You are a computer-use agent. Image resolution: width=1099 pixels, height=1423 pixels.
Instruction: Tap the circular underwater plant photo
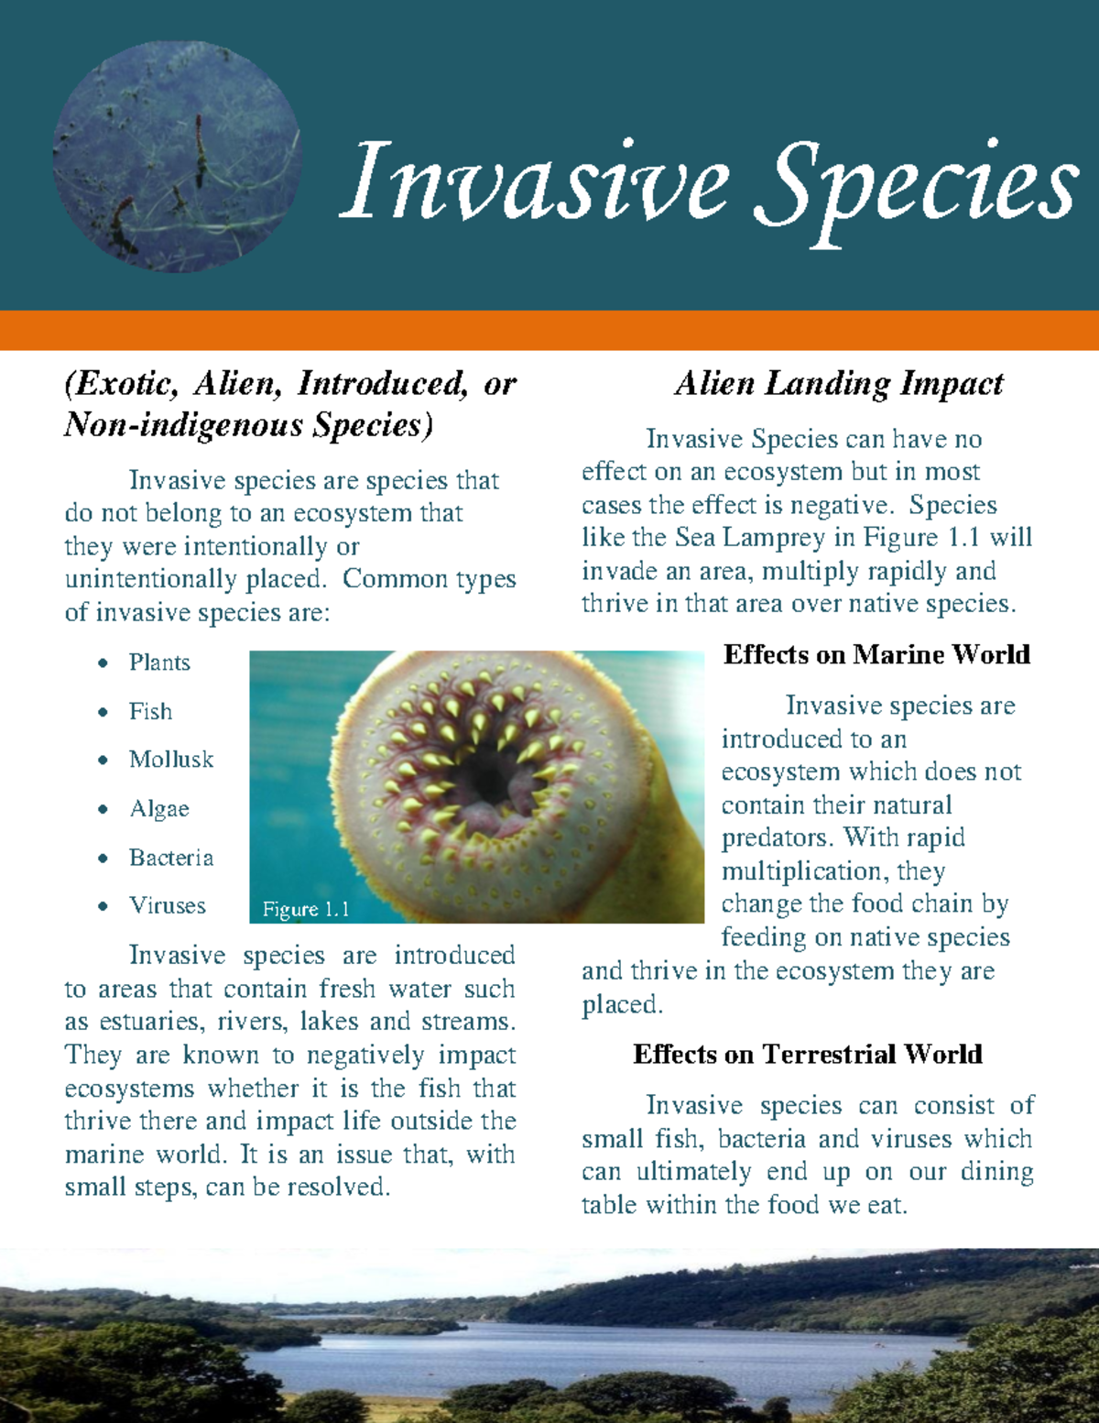(177, 157)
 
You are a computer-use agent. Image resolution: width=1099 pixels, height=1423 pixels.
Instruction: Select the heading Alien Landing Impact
(839, 384)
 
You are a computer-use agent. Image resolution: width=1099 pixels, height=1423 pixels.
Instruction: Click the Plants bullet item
(159, 662)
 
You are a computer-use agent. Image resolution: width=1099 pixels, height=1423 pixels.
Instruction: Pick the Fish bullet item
(150, 711)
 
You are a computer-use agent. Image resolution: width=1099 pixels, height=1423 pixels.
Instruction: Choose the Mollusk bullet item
(171, 760)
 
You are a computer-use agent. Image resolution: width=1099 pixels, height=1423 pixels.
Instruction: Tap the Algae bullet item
(159, 809)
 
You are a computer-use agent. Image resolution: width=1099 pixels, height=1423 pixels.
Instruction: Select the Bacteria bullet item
(171, 858)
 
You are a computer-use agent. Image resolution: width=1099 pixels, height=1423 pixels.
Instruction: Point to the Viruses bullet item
(168, 906)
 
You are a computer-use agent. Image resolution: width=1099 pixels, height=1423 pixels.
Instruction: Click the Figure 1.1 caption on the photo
(306, 909)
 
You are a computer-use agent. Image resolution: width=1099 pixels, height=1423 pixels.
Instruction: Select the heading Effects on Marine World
(876, 654)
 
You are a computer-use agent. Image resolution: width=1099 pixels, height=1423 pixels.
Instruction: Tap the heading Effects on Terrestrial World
(807, 1055)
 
